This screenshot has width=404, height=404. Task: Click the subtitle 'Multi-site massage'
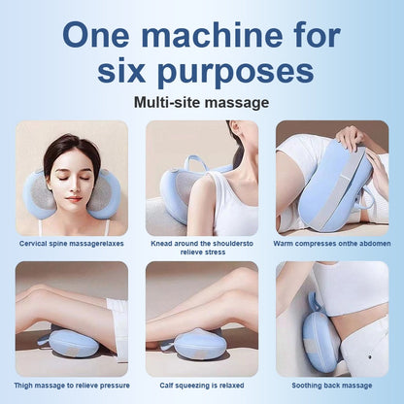click(201, 102)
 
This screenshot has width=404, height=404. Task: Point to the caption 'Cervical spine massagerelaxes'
click(73, 242)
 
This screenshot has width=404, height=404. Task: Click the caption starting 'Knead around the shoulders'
click(201, 246)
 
